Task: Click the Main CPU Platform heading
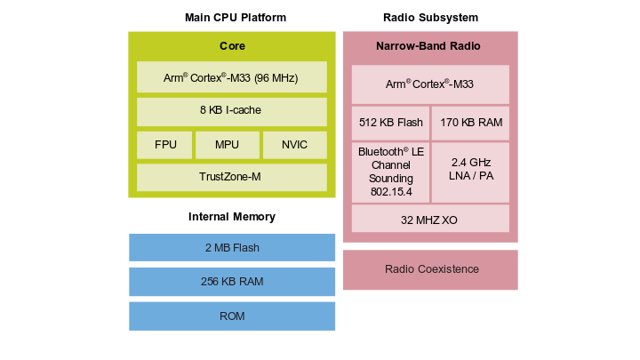[x=236, y=18]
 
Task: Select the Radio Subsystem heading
[x=430, y=18]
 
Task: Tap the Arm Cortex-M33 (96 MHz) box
[x=232, y=78]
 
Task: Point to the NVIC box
[x=294, y=145]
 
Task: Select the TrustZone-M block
[x=232, y=177]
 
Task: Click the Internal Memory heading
[x=232, y=217]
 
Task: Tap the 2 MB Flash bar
[x=232, y=248]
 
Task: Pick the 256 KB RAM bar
[x=232, y=282]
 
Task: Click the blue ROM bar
[x=232, y=316]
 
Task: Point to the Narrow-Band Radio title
[x=430, y=45]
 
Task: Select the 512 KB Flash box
[x=390, y=124]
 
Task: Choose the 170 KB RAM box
[x=470, y=124]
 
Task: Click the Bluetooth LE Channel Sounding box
[x=390, y=172]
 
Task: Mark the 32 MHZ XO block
[x=430, y=219]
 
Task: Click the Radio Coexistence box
[x=430, y=269]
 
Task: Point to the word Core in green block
[x=232, y=46]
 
